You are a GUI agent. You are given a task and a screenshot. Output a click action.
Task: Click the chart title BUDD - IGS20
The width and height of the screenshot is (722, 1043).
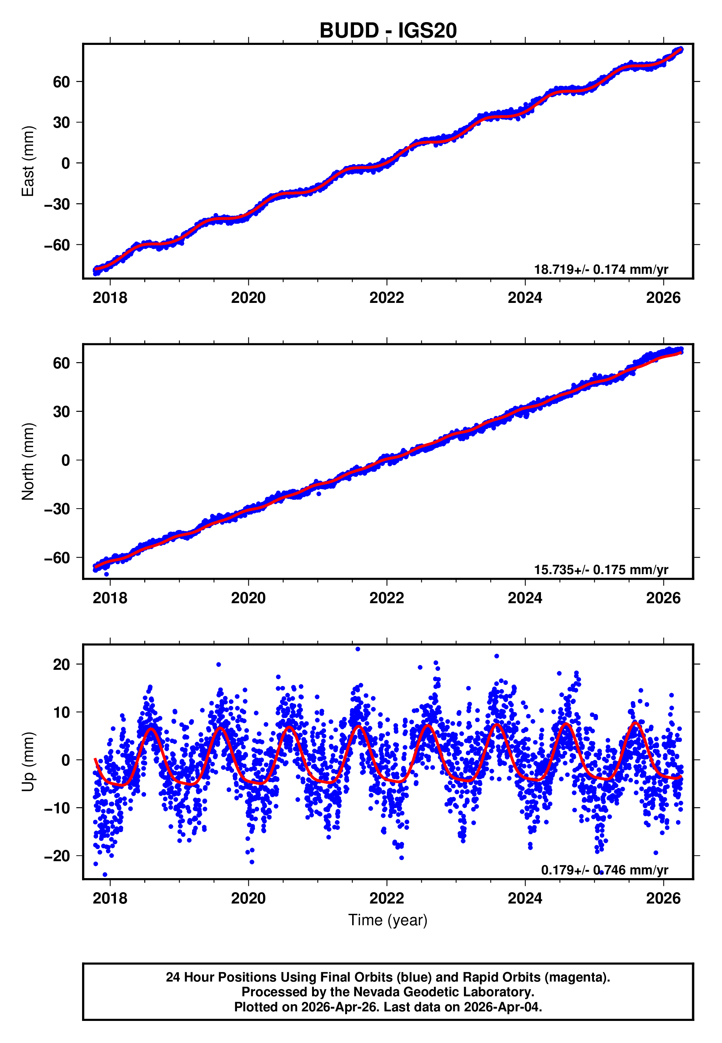coord(388,31)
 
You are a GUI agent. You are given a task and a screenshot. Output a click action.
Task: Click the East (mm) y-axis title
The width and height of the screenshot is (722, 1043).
coord(28,162)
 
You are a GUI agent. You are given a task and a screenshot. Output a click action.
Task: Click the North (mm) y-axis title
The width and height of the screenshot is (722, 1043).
coord(28,462)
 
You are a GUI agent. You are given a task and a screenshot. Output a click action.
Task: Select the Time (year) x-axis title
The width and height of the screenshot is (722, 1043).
coord(388,920)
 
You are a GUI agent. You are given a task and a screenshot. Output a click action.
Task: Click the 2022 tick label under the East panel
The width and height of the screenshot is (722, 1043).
coord(386,298)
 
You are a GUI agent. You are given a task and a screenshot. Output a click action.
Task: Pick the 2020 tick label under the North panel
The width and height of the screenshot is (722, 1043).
coord(248,598)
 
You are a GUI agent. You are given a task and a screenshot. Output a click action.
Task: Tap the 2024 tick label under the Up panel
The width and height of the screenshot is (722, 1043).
coord(525,898)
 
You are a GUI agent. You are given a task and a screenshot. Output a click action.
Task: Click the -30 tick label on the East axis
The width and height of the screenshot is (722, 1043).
coord(57,204)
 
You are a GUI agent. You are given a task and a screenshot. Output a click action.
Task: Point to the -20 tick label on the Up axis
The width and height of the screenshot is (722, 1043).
coord(57,856)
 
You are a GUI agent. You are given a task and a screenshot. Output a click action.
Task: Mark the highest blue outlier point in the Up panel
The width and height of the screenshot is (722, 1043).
coord(357,649)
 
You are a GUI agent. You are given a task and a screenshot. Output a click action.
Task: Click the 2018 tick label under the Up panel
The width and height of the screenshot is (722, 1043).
coord(110,898)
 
